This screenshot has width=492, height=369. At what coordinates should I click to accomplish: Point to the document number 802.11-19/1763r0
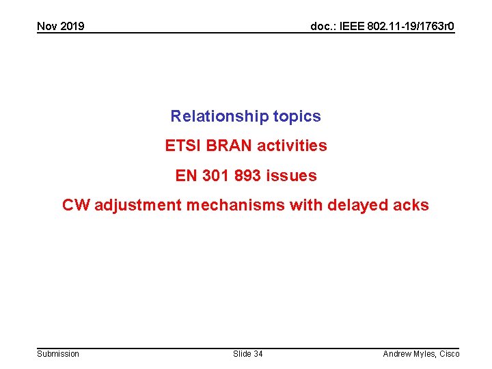[411, 27]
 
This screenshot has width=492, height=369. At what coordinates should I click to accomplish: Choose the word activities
[292, 146]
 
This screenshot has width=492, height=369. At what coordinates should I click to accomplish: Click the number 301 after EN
[216, 176]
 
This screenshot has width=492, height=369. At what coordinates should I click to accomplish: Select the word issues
[292, 176]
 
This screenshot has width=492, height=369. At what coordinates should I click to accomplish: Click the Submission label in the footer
[58, 354]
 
